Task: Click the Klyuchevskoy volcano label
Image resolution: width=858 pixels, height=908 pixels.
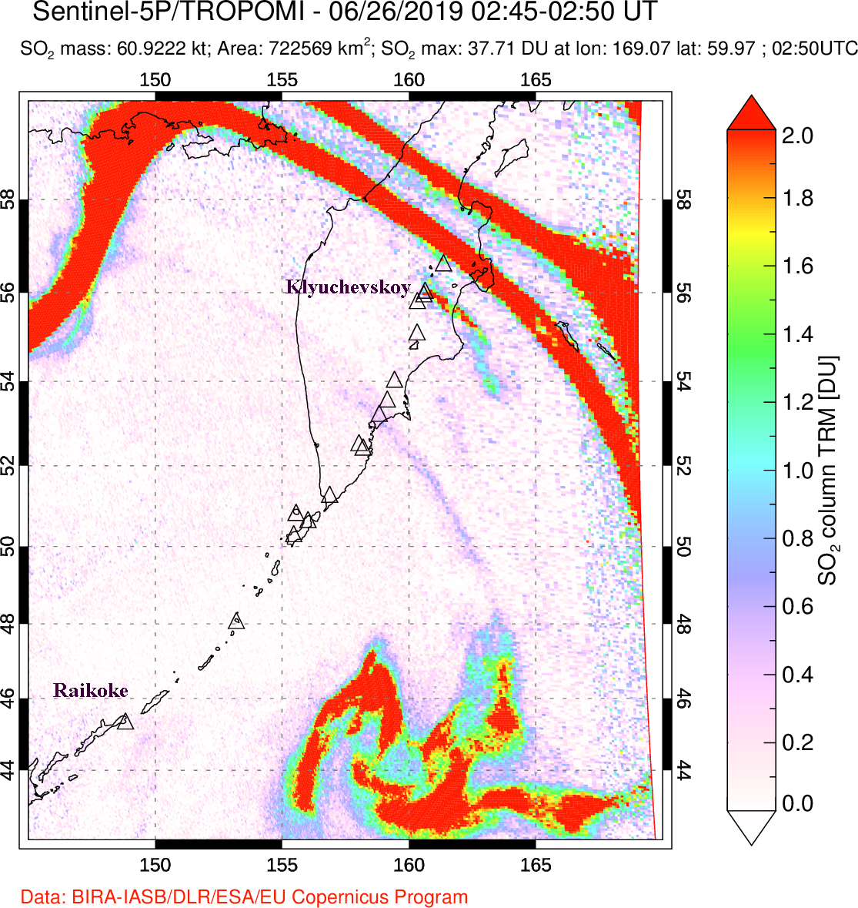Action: point(348,288)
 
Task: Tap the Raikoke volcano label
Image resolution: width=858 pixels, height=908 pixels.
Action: point(91,691)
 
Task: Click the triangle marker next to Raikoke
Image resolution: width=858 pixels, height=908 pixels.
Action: point(125,722)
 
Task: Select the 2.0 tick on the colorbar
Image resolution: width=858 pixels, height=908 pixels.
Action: point(798,136)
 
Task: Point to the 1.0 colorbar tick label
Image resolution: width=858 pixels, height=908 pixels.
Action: point(798,471)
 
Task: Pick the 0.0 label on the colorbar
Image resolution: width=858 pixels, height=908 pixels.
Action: point(798,804)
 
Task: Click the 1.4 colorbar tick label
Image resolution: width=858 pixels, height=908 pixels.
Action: point(798,334)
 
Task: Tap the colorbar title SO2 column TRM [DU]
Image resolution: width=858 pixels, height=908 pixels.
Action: point(828,470)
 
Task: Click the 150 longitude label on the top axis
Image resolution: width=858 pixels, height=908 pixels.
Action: point(155,80)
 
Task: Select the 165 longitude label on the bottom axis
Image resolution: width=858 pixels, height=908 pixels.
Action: point(536,865)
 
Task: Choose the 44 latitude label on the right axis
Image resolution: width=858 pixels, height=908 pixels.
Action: point(683,769)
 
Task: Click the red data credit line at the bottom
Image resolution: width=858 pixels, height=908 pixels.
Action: point(244,897)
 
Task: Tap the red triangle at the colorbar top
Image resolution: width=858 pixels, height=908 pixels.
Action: point(751,113)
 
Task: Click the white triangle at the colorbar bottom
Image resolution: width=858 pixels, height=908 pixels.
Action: point(751,827)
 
